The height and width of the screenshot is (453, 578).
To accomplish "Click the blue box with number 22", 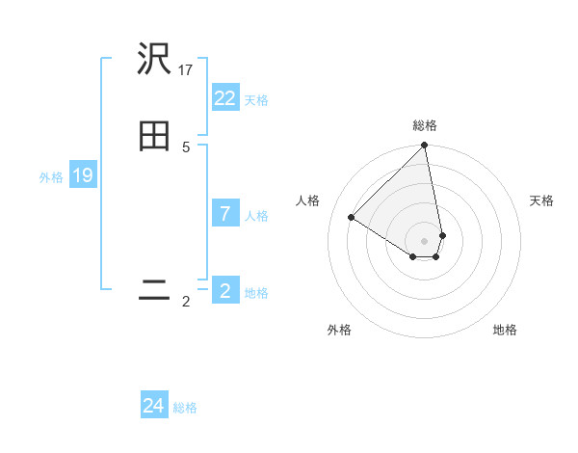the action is pos(225,98).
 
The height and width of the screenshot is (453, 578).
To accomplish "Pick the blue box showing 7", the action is pos(225,214).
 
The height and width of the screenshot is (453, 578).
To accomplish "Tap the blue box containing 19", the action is pos(83,175).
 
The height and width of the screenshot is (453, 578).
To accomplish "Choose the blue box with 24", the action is pos(154,406).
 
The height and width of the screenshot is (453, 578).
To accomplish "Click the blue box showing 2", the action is pos(225,290).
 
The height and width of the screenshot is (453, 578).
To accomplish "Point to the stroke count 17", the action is pos(186,69).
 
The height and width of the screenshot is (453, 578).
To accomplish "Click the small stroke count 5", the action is pos(186,147).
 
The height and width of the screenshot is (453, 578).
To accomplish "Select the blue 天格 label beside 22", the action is pos(256,100).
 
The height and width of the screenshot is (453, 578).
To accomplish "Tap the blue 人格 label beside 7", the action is pos(256,216).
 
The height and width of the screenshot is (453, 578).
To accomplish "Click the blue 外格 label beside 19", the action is pos(51,177).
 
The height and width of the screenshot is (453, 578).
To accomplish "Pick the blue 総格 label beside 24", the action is pos(185,408).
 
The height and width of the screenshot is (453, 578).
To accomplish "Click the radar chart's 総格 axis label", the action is pos(425,125).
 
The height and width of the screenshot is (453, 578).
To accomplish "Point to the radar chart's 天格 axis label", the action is pos(541,200).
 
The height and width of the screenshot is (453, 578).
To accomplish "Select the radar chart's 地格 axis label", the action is pos(505,331).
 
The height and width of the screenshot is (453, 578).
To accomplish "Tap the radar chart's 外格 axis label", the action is pos(339,331).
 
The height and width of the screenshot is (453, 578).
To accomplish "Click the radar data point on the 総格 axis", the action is pos(425,147).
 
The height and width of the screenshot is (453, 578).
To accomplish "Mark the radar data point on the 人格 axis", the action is pos(352,218).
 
